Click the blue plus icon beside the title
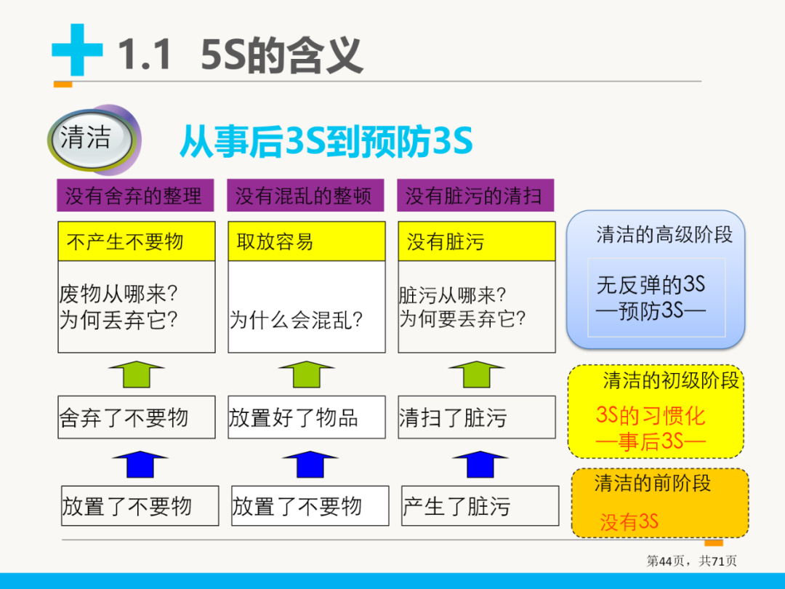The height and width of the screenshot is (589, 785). click(77, 51)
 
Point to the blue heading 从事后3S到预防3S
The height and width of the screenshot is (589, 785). click(326, 141)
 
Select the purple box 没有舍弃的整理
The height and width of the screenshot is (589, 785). click(134, 196)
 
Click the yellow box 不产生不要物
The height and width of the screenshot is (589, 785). click(136, 241)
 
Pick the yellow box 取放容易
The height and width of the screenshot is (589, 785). click(306, 241)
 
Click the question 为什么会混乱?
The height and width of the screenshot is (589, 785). click(297, 320)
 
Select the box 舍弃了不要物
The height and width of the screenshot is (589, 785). click(136, 417)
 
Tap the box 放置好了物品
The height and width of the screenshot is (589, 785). click(306, 417)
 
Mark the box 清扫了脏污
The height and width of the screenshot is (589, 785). click(476, 417)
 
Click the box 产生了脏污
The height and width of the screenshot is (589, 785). click(480, 506)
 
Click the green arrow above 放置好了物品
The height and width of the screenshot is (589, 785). click(306, 374)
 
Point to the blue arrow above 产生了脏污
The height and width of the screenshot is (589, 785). click(477, 464)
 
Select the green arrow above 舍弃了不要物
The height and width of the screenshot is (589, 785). click(136, 374)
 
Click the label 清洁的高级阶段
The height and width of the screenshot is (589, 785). click(664, 234)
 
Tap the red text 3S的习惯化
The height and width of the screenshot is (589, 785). click(651, 416)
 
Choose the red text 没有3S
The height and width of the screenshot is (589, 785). click(629, 521)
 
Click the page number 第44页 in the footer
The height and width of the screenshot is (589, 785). click(665, 561)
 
